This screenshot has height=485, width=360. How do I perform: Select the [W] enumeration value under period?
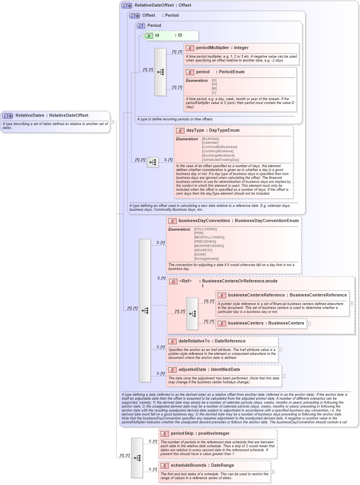[x=214, y=85]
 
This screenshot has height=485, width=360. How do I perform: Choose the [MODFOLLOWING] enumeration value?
[x=209, y=237]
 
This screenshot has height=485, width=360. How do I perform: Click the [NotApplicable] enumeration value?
[x=206, y=259]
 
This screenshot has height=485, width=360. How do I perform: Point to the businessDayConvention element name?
[x=204, y=221]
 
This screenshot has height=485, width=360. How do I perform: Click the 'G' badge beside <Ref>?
[x=173, y=281]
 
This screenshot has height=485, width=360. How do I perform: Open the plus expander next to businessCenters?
[x=309, y=323]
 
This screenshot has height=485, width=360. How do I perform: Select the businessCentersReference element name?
[x=256, y=295]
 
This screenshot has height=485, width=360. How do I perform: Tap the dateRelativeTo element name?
[x=194, y=341]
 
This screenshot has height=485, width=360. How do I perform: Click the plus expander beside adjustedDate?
[x=283, y=376]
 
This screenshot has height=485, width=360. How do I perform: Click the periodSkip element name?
[x=182, y=434]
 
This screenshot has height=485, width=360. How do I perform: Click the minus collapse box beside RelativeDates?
[x=112, y=122]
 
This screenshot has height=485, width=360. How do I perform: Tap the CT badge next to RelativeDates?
[x=8, y=116]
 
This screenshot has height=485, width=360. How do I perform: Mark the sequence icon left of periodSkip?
[x=137, y=458]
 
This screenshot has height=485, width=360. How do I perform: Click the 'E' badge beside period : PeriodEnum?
[x=190, y=72]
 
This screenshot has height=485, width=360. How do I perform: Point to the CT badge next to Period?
[x=141, y=26]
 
